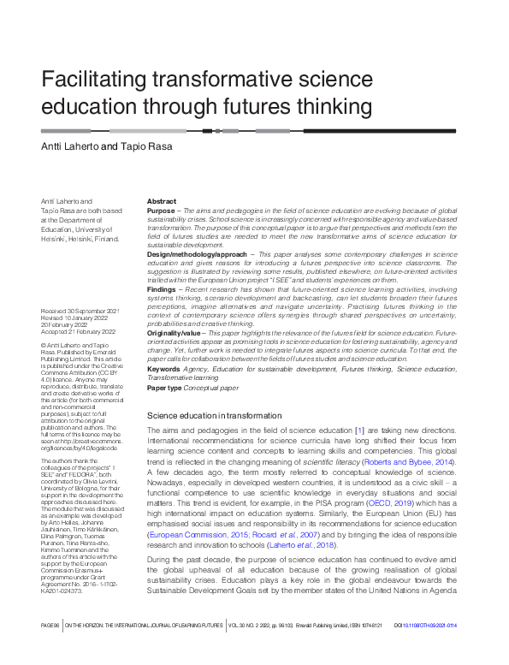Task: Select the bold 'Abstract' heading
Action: [x=162, y=201]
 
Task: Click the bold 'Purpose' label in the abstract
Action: [x=160, y=211]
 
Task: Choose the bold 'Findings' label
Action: [x=162, y=291]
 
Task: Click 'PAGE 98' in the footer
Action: [x=49, y=650]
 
